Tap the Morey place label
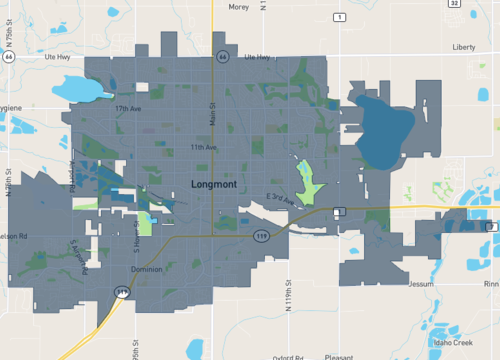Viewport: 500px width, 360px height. tap(239, 6)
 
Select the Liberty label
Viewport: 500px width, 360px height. tap(464, 47)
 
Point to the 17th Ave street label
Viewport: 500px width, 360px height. tap(129, 108)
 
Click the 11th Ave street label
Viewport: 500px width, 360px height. tap(205, 147)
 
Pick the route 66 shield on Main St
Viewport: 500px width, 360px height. tap(222, 57)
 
